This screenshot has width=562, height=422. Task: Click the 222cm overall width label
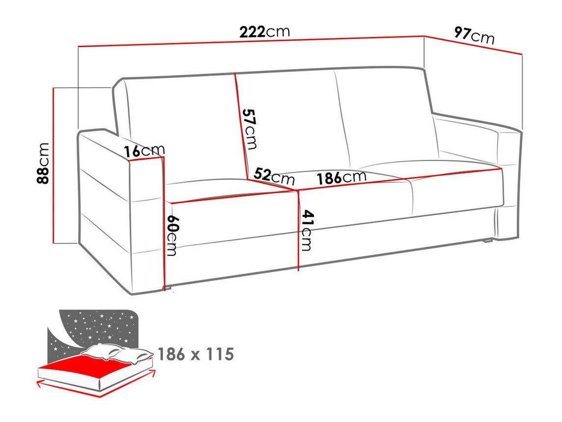point(265,32)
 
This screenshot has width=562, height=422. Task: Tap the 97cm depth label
point(474,35)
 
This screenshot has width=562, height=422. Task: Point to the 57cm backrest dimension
point(250,129)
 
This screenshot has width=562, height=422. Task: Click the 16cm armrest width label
point(144,151)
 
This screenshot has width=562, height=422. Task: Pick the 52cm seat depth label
point(274,175)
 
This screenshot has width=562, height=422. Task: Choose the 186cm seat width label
point(341,177)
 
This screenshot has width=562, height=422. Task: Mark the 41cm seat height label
point(307,230)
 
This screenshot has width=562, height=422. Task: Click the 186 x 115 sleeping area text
point(195,354)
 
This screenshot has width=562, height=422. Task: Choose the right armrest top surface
point(471,123)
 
